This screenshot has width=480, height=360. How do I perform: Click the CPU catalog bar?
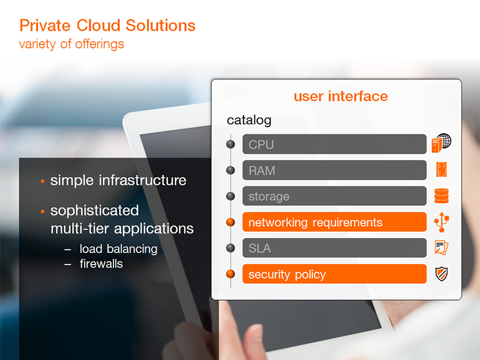pos(334,144)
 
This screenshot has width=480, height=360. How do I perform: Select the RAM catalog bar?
pos(334,170)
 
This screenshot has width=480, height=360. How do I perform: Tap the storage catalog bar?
pos(334,196)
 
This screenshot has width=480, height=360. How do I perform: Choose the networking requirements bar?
pos(334,222)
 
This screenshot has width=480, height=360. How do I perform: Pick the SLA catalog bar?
pos(334,248)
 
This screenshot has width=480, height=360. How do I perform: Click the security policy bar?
pos(334,274)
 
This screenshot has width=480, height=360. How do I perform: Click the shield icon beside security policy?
pos(442,274)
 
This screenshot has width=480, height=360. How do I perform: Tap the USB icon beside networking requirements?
pos(442,222)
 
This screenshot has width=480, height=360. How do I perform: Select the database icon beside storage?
pos(442,196)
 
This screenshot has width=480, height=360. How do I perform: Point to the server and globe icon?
pos(442,143)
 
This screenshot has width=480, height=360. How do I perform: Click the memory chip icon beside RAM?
pos(442,170)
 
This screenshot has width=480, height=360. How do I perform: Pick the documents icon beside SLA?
pos(442,248)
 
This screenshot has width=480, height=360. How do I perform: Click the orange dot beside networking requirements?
pos(230,222)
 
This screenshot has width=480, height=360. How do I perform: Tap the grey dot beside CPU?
pos(230,144)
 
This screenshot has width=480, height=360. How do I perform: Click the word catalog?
pos(249,121)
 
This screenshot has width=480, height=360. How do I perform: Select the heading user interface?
pos(341,96)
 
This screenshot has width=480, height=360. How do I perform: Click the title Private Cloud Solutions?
pos(107,25)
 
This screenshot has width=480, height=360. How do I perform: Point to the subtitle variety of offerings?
pos(71,44)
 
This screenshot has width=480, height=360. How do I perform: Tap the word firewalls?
pos(101,263)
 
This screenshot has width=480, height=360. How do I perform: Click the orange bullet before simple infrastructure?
pos(43,182)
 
